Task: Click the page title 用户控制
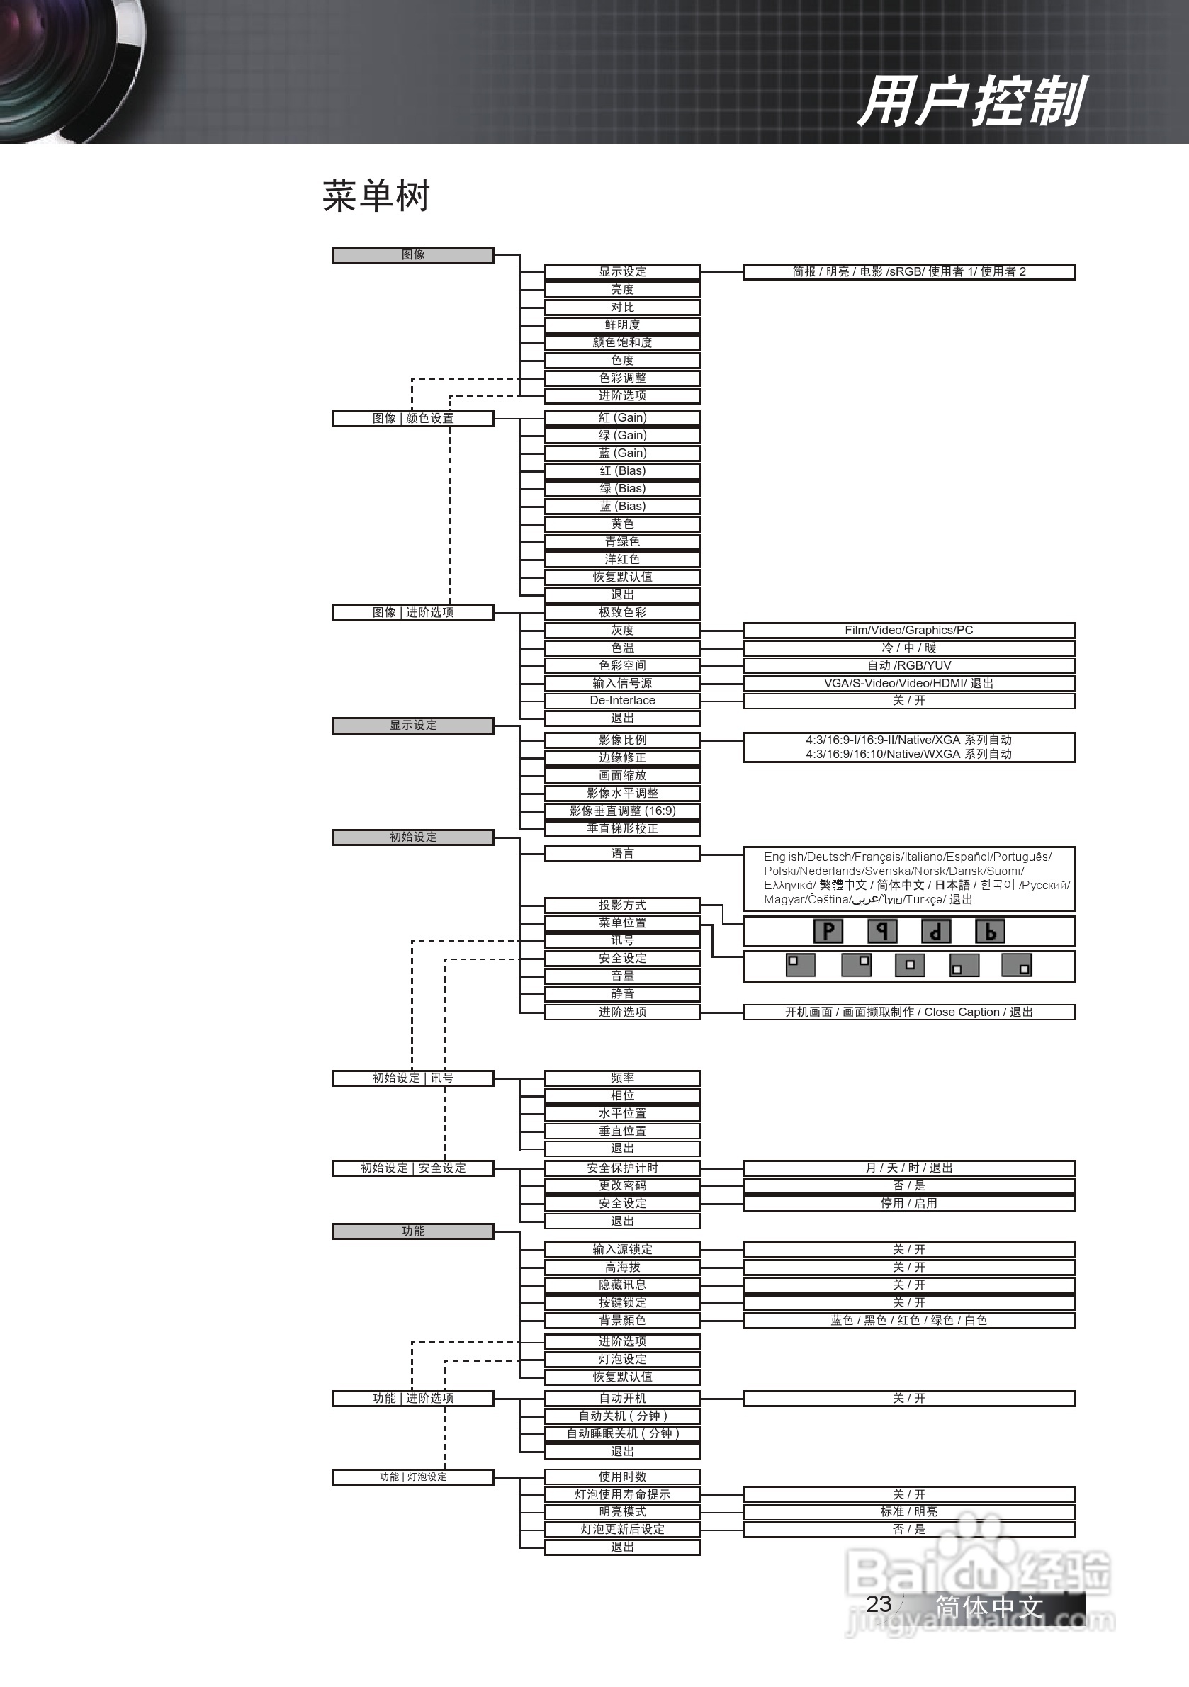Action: (x=971, y=102)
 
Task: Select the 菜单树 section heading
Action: (x=376, y=196)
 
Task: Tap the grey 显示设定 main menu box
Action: (x=413, y=726)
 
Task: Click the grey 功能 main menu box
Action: (x=413, y=1231)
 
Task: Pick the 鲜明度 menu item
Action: (x=622, y=325)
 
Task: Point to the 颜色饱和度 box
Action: (x=622, y=342)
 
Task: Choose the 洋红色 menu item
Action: (x=622, y=559)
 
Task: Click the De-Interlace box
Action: (x=622, y=700)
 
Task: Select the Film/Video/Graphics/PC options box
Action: (x=909, y=630)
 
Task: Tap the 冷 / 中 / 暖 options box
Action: (x=909, y=648)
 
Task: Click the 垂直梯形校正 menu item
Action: (x=622, y=828)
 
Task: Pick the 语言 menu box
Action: (x=622, y=853)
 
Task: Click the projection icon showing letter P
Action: (x=828, y=931)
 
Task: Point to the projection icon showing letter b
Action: (x=990, y=931)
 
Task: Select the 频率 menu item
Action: (x=622, y=1078)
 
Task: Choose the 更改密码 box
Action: (x=622, y=1185)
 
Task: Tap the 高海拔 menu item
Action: (x=622, y=1267)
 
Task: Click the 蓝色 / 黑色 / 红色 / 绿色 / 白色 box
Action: (x=909, y=1319)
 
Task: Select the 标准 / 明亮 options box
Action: (x=909, y=1511)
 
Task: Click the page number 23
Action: (x=879, y=1604)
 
